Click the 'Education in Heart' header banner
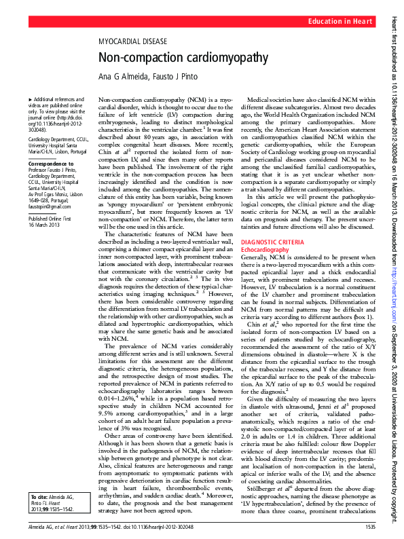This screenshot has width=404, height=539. click(x=340, y=22)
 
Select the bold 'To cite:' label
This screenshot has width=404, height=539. click(x=33, y=497)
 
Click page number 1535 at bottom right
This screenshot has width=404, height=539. click(x=370, y=527)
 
